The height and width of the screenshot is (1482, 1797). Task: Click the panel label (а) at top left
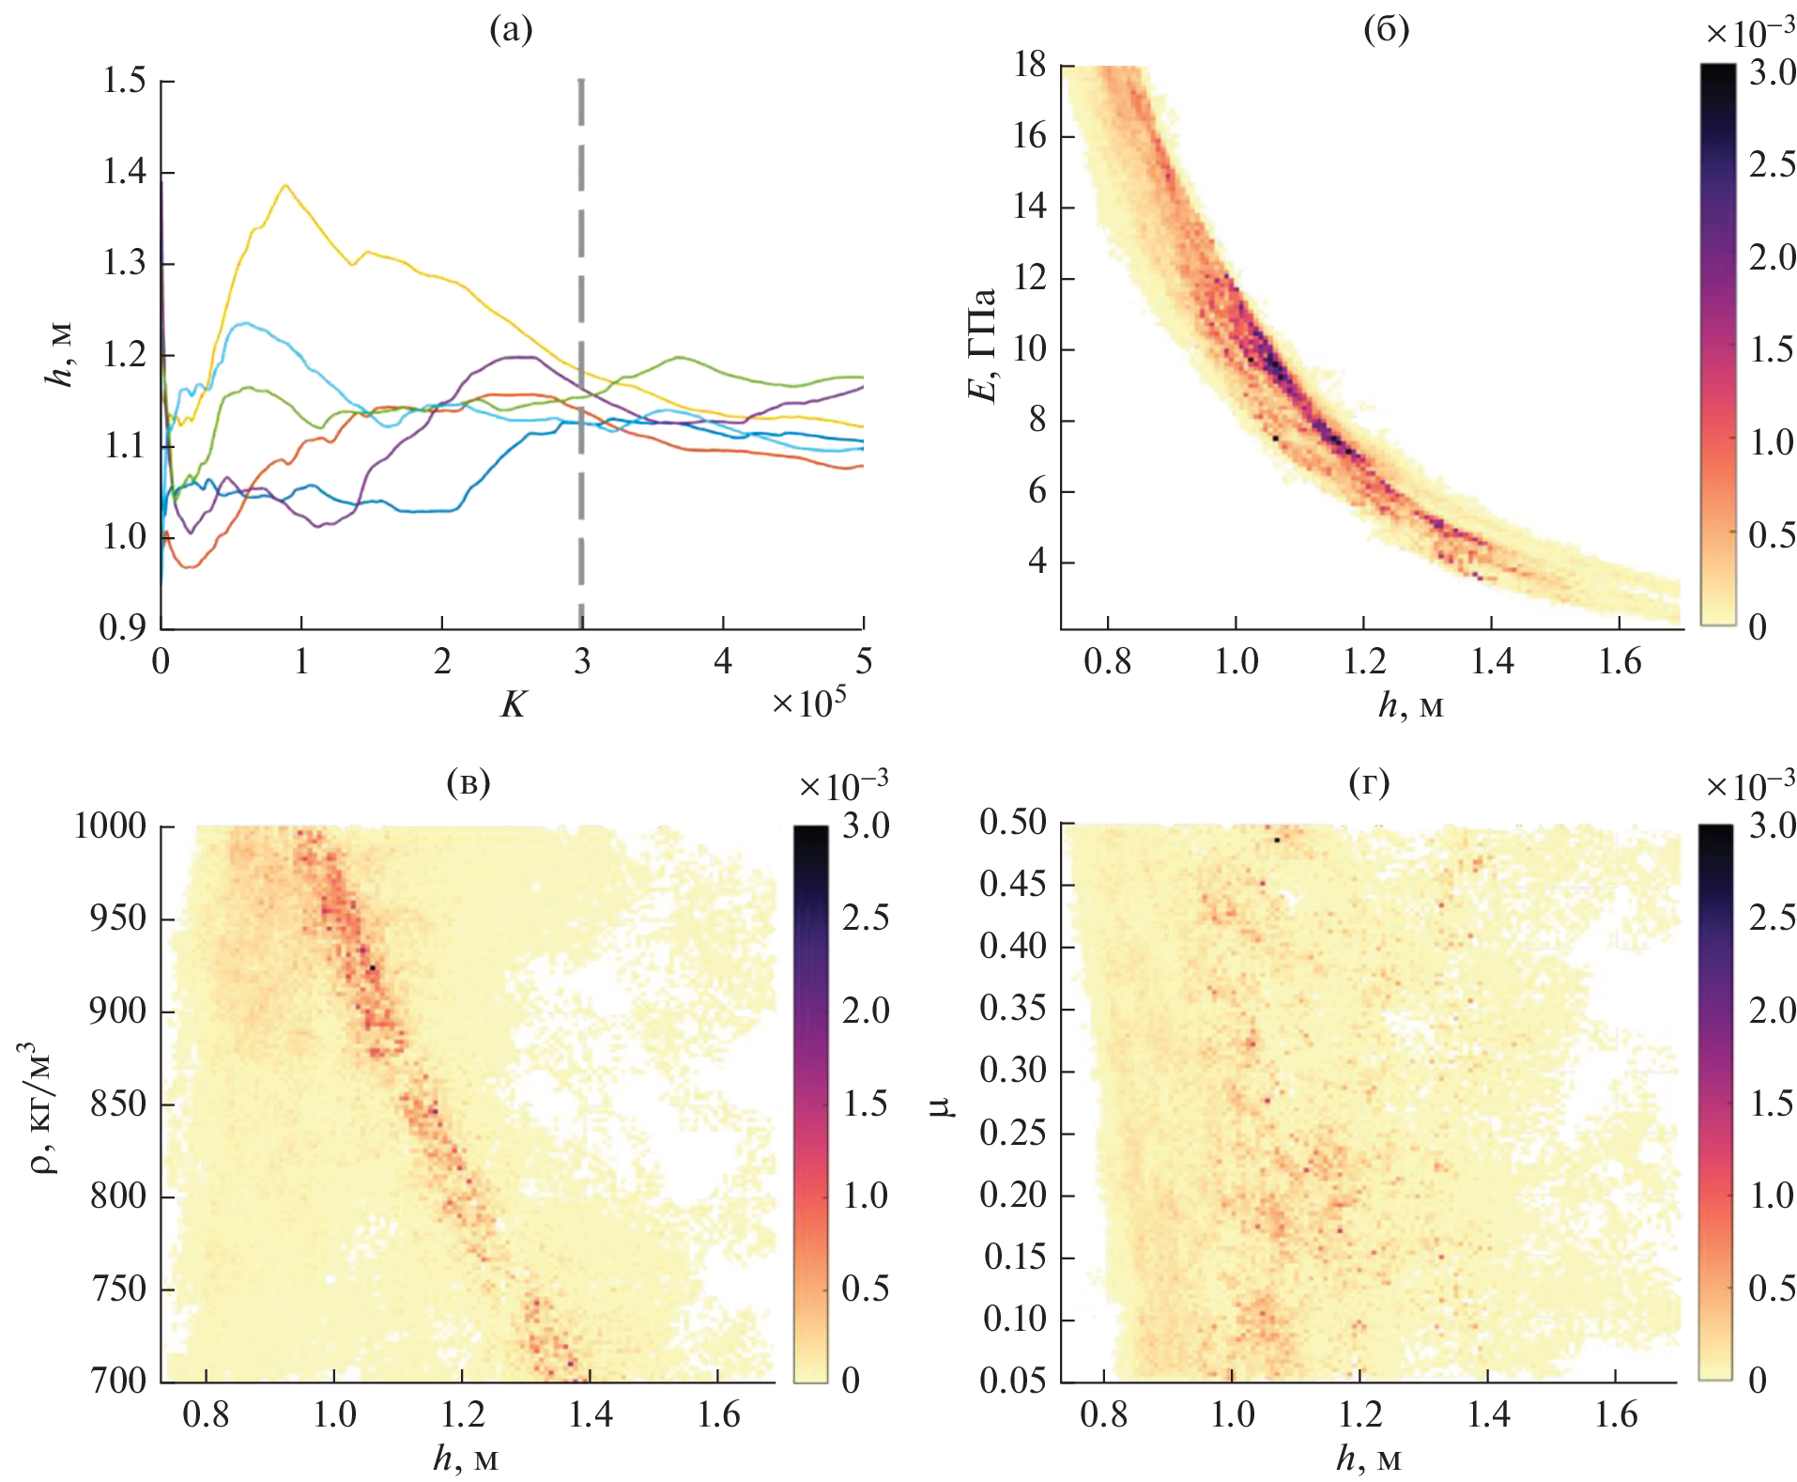tap(511, 31)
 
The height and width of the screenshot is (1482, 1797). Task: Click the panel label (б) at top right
tap(1386, 31)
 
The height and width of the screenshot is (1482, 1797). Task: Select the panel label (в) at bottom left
tap(468, 782)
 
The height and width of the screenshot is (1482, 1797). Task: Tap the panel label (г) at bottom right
tap(1368, 782)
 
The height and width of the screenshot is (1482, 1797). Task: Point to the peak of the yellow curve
tap(285, 185)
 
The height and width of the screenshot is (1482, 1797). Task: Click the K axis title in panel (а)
tap(513, 703)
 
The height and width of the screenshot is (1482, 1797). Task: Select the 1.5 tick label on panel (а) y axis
tap(125, 82)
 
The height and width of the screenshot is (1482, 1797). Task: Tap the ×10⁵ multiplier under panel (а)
tap(808, 702)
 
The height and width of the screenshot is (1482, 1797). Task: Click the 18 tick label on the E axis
tap(1030, 65)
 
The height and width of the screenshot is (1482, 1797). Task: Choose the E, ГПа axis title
tap(982, 345)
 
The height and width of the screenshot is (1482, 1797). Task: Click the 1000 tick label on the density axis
tap(111, 826)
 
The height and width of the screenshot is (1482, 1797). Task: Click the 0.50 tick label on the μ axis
tap(1012, 823)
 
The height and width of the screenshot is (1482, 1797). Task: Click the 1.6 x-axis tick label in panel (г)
tap(1616, 1414)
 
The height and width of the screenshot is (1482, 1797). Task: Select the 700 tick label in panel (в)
tap(119, 1381)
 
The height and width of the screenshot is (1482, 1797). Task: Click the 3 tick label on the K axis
tap(582, 662)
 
